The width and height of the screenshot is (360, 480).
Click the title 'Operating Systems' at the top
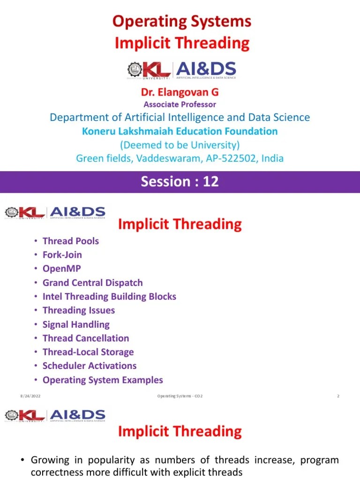pyautogui.click(x=182, y=22)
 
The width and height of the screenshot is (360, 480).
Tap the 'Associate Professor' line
pyautogui.click(x=180, y=105)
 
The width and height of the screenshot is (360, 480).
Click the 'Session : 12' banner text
pyautogui.click(x=180, y=181)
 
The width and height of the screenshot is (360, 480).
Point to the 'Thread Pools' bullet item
pyautogui.click(x=70, y=241)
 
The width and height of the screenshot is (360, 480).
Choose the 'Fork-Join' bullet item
pyautogui.click(x=62, y=255)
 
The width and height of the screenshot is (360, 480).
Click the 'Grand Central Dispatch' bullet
pyautogui.click(x=92, y=283)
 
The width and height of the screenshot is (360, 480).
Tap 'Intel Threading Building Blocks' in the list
pyautogui.click(x=109, y=296)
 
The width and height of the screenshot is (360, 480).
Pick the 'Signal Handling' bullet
pyautogui.click(x=76, y=324)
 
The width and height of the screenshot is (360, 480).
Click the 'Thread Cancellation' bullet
pyautogui.click(x=85, y=338)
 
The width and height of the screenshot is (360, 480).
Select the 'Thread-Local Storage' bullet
pyautogui.click(x=88, y=352)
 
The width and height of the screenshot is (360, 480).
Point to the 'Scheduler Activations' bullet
pyautogui.click(x=90, y=366)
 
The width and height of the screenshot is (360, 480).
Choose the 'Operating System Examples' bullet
pyautogui.click(x=103, y=380)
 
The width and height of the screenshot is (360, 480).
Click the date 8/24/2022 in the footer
pyautogui.click(x=28, y=397)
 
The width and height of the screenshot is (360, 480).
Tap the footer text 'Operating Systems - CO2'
pyautogui.click(x=180, y=397)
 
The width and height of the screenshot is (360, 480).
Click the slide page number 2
pyautogui.click(x=337, y=397)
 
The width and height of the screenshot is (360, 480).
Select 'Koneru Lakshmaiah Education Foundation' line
pyautogui.click(x=180, y=131)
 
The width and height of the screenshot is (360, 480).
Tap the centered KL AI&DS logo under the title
pyautogui.click(x=181, y=70)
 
